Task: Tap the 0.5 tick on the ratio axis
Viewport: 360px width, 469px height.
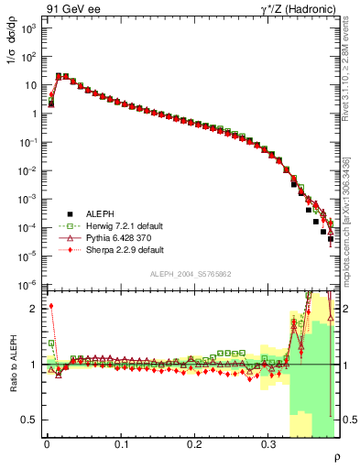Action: [x=31, y=420]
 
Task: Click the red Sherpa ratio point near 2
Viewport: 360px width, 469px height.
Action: [x=51, y=306]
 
